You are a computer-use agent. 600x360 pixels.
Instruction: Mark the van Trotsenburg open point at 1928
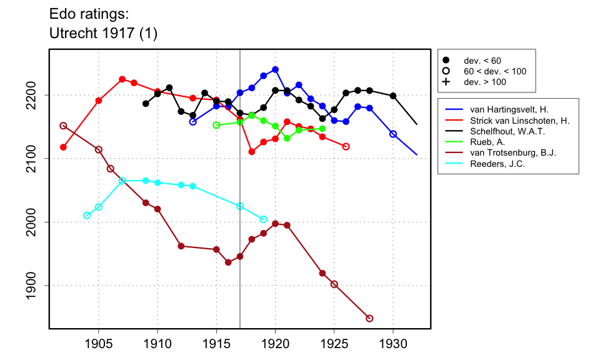pyautogui.click(x=369, y=318)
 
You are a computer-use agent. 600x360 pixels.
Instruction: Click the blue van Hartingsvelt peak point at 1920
pyautogui.click(x=275, y=69)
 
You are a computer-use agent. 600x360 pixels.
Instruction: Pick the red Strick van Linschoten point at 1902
pyautogui.click(x=63, y=147)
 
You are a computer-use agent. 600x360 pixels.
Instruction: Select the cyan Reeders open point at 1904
pyautogui.click(x=87, y=216)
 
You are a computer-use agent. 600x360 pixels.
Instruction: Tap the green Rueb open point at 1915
pyautogui.click(x=216, y=125)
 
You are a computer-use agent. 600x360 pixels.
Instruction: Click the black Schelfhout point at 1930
pyautogui.click(x=393, y=96)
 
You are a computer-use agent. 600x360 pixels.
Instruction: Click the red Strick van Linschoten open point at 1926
pyautogui.click(x=346, y=146)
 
